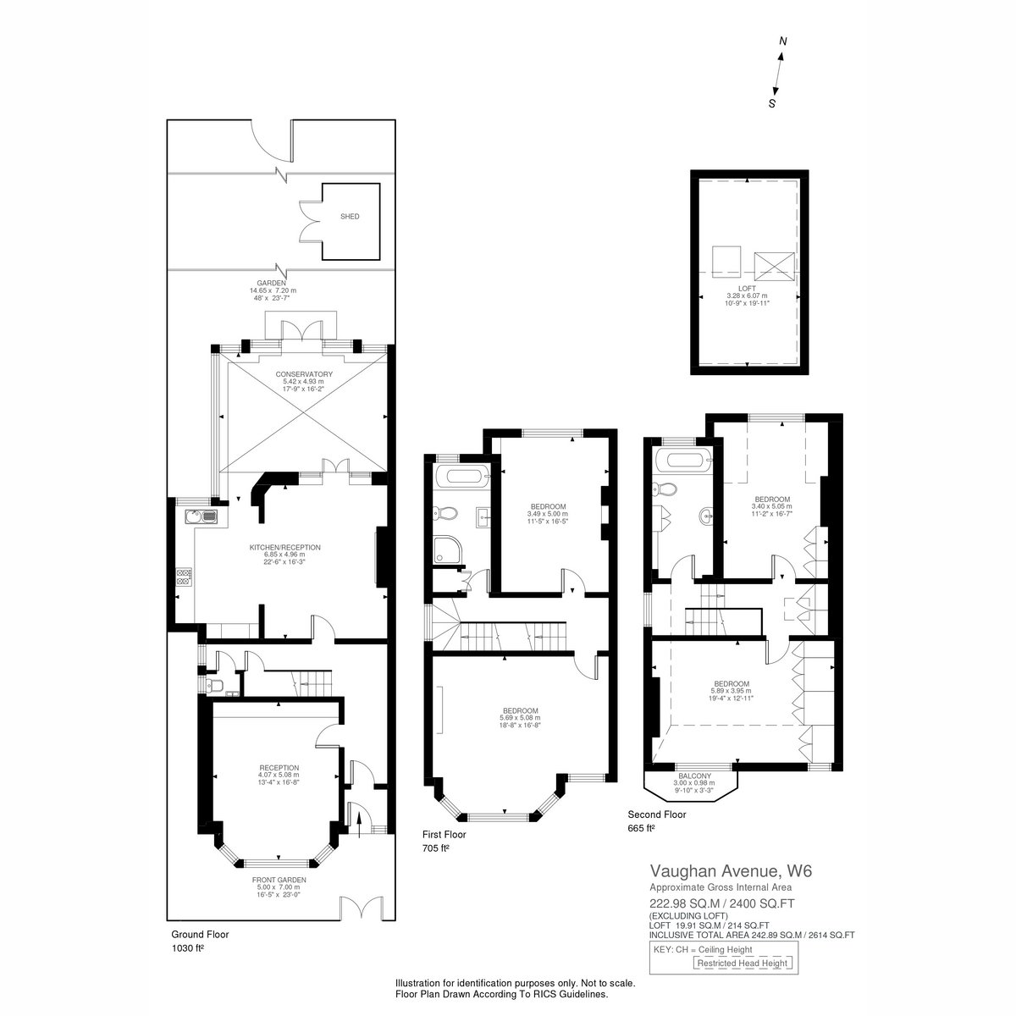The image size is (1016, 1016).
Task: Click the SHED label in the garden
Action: (x=350, y=216)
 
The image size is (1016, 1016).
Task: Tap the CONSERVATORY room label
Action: (x=304, y=374)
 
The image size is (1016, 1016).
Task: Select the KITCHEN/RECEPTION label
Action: (x=284, y=547)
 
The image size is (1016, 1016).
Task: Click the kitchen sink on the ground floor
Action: (x=201, y=516)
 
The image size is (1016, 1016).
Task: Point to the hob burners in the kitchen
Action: (x=185, y=577)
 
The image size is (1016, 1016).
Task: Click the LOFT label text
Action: (x=747, y=289)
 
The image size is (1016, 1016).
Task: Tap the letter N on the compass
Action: (x=783, y=41)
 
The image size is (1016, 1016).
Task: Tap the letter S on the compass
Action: (x=772, y=103)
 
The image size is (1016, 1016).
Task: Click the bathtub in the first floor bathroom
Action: (x=462, y=478)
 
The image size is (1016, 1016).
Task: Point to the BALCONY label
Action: (x=694, y=776)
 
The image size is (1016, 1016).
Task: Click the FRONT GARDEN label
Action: (x=279, y=880)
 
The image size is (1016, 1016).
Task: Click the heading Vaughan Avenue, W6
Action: (x=731, y=870)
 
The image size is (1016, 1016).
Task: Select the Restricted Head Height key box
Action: (x=742, y=963)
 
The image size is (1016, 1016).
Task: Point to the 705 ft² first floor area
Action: (x=435, y=848)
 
